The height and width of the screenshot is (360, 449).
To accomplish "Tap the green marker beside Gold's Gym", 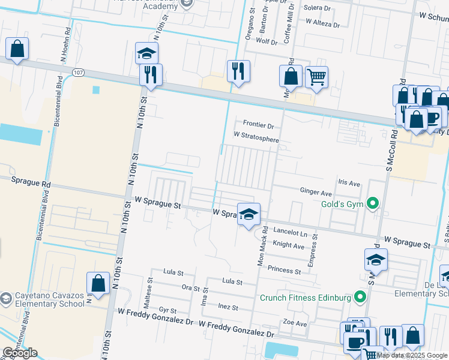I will (373, 204).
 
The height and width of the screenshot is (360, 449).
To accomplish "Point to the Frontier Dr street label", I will (258, 126).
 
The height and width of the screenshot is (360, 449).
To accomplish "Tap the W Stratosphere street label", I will (256, 139).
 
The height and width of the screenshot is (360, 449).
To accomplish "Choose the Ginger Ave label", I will (316, 193).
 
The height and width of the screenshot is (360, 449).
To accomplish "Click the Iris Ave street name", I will (349, 182).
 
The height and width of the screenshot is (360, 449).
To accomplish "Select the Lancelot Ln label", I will (290, 232).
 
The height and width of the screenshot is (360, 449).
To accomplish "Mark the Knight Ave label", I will (289, 245).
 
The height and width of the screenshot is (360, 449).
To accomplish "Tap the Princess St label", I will (284, 271).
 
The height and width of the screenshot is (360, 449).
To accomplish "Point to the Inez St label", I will (228, 307).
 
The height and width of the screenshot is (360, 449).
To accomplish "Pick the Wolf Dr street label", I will (267, 42).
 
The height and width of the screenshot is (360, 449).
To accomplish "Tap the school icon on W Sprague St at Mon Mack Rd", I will (247, 213).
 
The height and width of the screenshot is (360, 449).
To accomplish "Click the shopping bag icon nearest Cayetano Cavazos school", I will (98, 283).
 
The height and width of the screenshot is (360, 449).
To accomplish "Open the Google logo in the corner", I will (20, 353).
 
